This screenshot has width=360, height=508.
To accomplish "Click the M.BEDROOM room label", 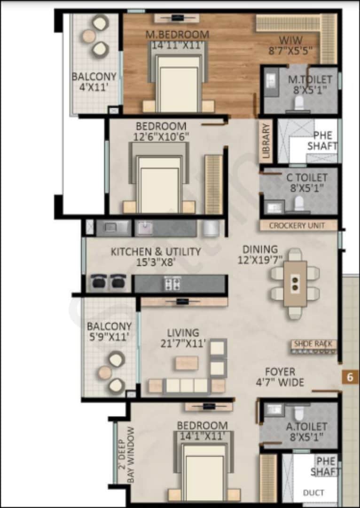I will pos(177,34).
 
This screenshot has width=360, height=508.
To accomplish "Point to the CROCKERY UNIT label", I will pos(297,226).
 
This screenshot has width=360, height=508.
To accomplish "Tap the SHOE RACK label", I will pos(313,344).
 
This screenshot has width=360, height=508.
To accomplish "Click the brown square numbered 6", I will pos(349,377).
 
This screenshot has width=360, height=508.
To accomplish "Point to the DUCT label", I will pos(313,492).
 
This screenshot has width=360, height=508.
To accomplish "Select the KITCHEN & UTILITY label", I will pos(156,252).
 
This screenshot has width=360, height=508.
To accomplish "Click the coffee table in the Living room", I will pos(187,363).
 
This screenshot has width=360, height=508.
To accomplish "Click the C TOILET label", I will pos(307,178).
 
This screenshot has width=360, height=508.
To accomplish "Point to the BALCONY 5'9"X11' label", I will pos(109,331).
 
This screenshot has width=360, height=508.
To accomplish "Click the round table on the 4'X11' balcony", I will pos(89,36).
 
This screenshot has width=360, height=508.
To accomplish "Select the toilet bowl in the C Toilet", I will pos(299,204).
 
